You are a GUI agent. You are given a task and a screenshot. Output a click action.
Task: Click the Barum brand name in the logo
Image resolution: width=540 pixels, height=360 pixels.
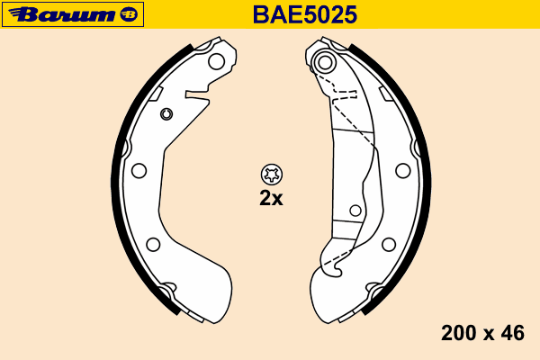62,14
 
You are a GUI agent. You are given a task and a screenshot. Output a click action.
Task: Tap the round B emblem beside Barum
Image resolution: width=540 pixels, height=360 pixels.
129,14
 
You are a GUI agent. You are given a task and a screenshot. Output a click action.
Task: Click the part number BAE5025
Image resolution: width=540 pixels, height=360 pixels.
305,14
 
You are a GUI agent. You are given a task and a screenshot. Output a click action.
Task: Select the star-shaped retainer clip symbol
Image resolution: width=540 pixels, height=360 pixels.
272,175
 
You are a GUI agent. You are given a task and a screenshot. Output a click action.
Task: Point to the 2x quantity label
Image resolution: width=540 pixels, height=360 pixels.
271,198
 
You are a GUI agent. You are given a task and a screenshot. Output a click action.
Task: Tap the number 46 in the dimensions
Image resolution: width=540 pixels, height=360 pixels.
512,333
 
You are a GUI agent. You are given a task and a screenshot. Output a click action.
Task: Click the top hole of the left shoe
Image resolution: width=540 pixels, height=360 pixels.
217,62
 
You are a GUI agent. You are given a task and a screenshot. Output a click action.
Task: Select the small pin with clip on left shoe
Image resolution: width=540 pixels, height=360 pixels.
166,113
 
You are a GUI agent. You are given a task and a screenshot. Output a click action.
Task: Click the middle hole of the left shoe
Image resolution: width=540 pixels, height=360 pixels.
139,170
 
